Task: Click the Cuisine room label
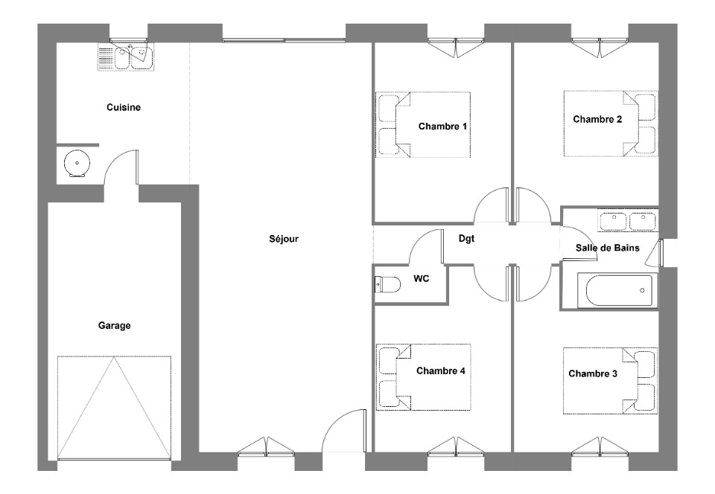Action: (124, 107)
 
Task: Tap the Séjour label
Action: (284, 239)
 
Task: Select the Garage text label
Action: (115, 326)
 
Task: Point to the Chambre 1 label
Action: (442, 126)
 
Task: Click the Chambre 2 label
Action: (597, 119)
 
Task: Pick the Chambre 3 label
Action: (593, 373)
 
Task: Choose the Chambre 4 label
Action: (440, 371)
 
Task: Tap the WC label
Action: (422, 278)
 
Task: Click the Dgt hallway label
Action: (466, 239)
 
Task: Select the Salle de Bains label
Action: (608, 248)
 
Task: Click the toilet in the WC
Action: (387, 284)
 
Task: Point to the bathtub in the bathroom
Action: (617, 290)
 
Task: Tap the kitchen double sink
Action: (126, 57)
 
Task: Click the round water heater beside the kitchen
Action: (77, 164)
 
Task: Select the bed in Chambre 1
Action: (423, 125)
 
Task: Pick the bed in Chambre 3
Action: (610, 381)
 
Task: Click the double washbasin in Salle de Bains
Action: (628, 221)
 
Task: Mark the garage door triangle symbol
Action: (114, 408)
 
